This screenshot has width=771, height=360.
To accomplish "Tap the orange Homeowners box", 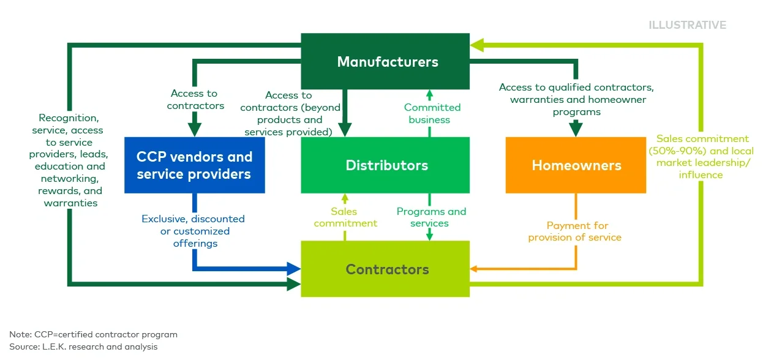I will pos(576,165).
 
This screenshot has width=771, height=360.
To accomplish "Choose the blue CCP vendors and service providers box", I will pos(194,165).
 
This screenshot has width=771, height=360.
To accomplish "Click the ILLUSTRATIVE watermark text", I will pos(687,25).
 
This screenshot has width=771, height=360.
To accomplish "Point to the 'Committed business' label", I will pos(429,113).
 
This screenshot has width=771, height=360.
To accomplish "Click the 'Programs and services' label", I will pos(431,217).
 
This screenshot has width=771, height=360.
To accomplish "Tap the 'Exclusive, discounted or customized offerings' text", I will pos(193,231).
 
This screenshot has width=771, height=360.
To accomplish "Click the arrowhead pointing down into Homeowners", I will pos(576,129).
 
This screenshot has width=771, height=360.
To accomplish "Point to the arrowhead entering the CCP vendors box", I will pos(194,129).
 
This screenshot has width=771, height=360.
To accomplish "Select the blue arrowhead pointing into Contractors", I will pos(293,268).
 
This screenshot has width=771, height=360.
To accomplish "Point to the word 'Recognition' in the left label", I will pos(67,118).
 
